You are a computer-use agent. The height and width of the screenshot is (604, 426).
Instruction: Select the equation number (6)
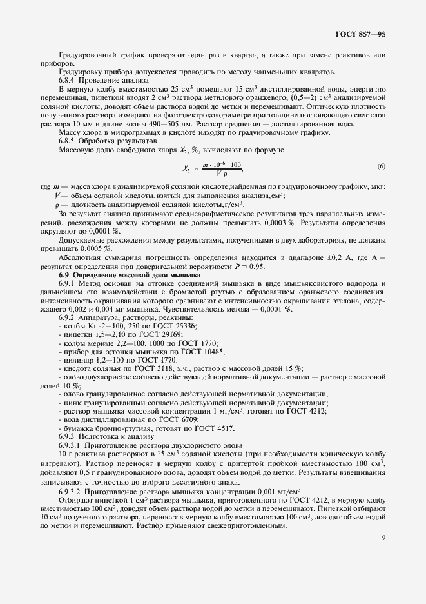pos(381,167)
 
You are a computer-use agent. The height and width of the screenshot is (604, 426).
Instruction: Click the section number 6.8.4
pos(69,80)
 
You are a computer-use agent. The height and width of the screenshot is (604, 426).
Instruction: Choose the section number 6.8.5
pos(69,141)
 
